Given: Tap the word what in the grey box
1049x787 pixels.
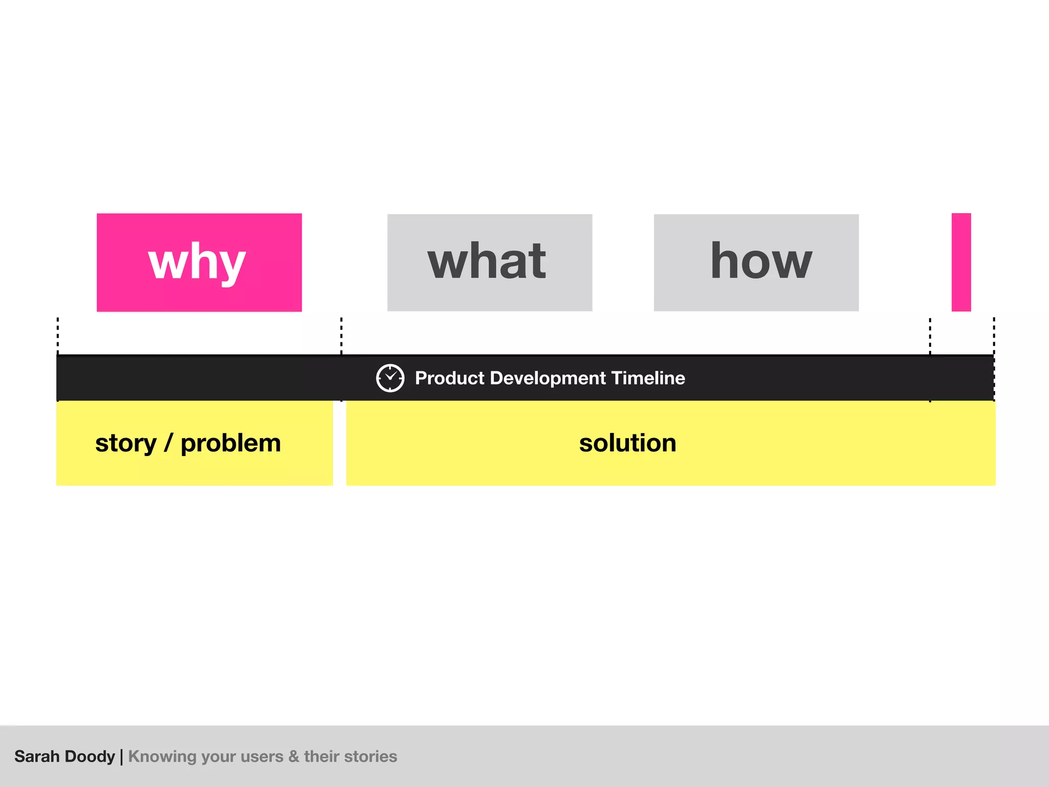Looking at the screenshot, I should (x=487, y=262).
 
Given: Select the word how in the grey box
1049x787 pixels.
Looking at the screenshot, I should (x=761, y=262).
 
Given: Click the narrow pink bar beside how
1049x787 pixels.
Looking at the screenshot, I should (x=961, y=262).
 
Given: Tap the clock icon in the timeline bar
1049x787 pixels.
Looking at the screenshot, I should (x=390, y=378).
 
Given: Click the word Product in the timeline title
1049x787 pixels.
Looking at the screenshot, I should (x=449, y=378).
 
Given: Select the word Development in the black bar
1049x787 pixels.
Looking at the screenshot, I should (x=548, y=378).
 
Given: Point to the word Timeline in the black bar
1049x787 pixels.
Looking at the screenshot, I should (x=648, y=378).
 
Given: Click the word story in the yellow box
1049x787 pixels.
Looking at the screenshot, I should (x=125, y=444).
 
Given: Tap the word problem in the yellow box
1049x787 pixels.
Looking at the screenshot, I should (x=230, y=444).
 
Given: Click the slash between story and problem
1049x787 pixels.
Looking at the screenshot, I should (x=168, y=444).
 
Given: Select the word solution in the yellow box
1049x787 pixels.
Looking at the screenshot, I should (x=627, y=443).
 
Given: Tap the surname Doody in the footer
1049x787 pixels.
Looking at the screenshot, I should (x=90, y=757).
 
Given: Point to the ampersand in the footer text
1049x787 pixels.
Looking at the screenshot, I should (x=293, y=756).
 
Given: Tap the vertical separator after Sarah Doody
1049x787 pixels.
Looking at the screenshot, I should (x=121, y=757).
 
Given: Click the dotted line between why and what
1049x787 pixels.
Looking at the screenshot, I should (x=341, y=335).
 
